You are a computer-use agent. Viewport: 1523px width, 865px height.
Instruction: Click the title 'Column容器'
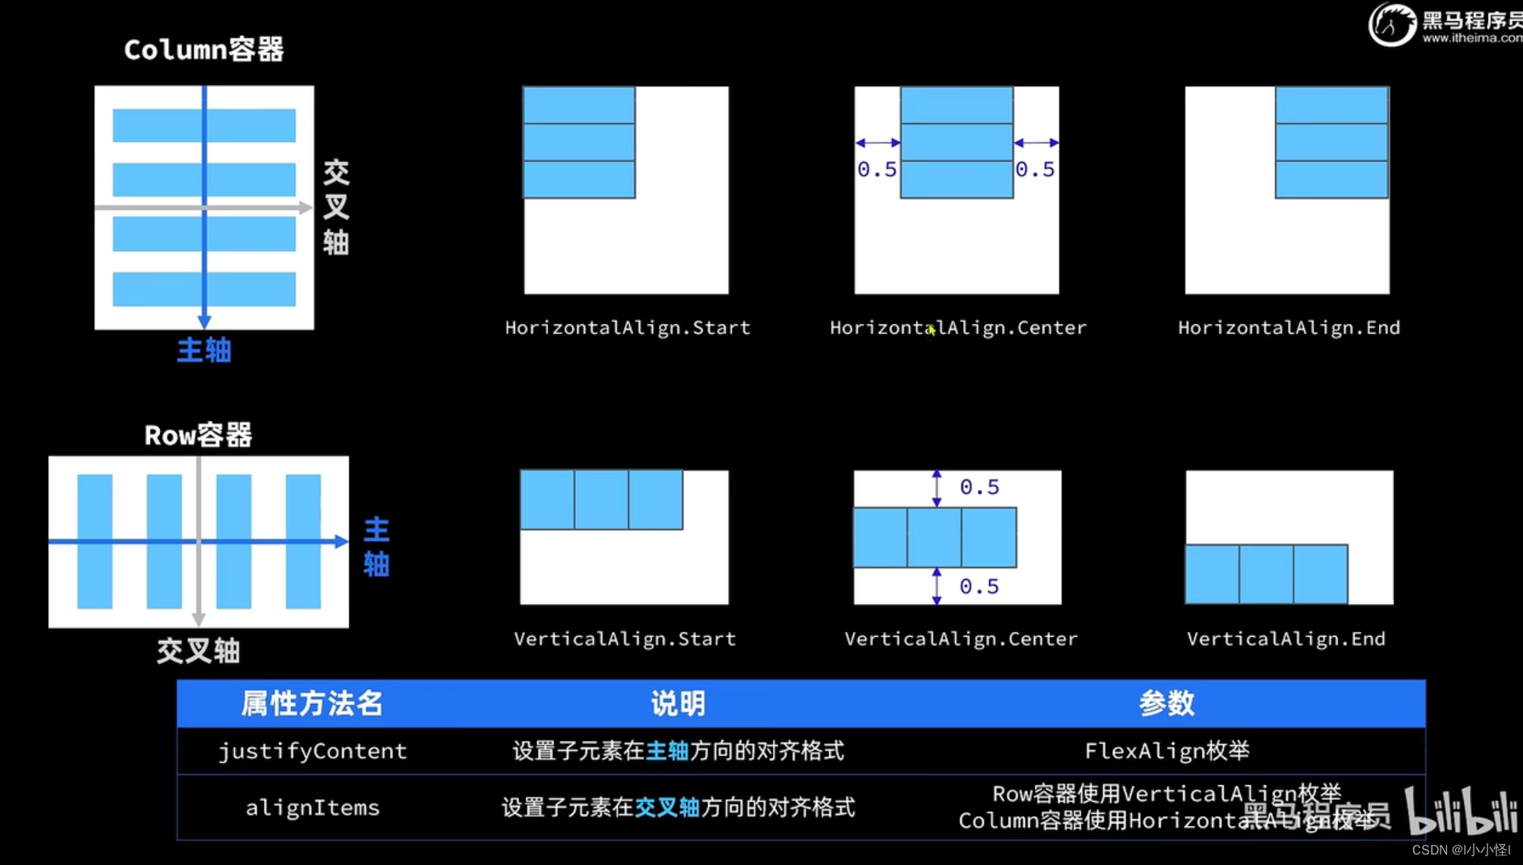click(204, 50)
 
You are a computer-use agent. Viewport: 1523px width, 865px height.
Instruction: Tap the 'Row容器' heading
click(198, 436)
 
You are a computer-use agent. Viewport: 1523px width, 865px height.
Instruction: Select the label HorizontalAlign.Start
click(628, 327)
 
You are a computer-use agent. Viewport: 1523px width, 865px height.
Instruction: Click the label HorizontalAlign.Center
click(958, 327)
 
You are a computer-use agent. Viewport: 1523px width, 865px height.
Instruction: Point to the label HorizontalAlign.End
click(1289, 327)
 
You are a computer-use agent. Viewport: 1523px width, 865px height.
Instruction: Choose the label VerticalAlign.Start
click(625, 639)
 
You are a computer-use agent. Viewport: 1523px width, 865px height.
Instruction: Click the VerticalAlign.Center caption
click(961, 639)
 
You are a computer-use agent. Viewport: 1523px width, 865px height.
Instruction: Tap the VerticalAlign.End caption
click(1285, 639)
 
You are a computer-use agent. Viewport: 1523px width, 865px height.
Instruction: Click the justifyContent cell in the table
click(313, 751)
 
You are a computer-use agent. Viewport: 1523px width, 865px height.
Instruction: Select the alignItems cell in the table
click(313, 808)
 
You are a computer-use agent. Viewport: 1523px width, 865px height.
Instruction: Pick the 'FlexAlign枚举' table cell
click(1167, 751)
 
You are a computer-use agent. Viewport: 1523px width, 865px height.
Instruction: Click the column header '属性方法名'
click(312, 703)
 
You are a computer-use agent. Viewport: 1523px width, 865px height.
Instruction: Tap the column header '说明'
click(678, 703)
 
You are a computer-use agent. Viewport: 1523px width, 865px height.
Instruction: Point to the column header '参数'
click(1167, 703)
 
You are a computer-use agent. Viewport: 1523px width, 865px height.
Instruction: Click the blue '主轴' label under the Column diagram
click(204, 350)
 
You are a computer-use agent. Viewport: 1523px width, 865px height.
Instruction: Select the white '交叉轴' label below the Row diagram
click(198, 651)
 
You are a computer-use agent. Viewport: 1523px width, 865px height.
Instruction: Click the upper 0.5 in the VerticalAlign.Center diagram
click(979, 487)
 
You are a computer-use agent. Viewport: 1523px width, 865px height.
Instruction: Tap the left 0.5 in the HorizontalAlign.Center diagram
click(877, 169)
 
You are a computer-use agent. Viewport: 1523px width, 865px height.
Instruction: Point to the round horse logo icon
click(1391, 24)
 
